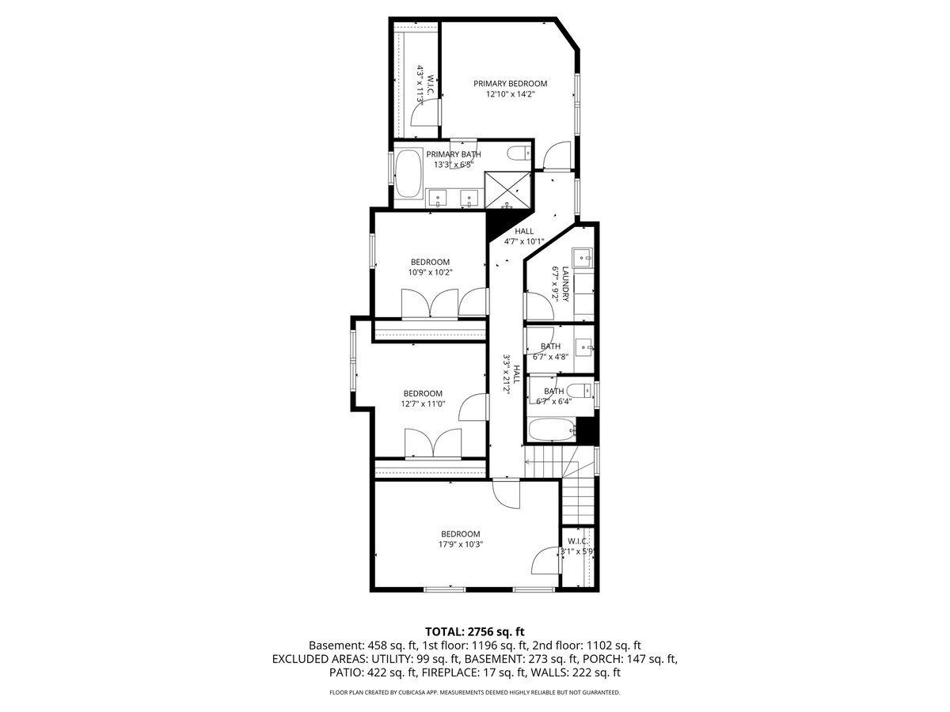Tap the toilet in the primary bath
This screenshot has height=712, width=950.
click(518, 153)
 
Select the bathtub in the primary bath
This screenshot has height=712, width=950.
click(408, 173)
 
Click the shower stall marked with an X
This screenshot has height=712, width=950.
click(507, 190)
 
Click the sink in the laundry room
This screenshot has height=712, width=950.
click(583, 258)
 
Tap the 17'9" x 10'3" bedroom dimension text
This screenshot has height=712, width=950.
click(461, 544)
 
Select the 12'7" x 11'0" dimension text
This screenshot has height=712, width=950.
click(423, 403)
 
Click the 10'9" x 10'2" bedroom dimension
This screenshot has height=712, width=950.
click(430, 272)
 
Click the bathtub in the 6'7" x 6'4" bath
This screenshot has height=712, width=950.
click(553, 430)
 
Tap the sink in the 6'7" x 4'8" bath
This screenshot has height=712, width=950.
click(584, 347)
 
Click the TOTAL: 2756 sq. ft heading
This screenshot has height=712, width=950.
click(475, 631)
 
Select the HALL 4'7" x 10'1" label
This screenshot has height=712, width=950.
click(524, 237)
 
